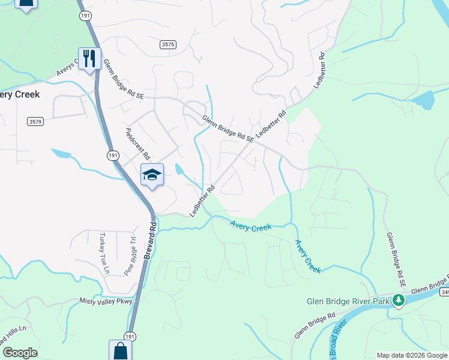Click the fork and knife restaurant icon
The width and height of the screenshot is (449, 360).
(x=89, y=58)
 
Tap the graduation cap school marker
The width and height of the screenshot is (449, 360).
(x=152, y=175)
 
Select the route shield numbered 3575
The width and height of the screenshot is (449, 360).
(x=168, y=44)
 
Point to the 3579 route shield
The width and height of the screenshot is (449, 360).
(x=35, y=122)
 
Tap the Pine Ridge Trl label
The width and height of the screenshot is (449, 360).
(x=130, y=257)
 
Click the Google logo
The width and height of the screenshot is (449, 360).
(x=20, y=353)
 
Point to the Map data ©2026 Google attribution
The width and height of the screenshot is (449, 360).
(x=412, y=355)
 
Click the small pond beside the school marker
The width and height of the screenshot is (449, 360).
(x=178, y=170)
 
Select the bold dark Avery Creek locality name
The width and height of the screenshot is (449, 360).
(x=20, y=95)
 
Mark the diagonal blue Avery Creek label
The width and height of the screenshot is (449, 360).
(x=307, y=256)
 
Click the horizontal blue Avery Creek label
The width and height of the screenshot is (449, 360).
(x=251, y=226)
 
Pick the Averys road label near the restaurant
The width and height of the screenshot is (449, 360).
(x=68, y=70)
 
